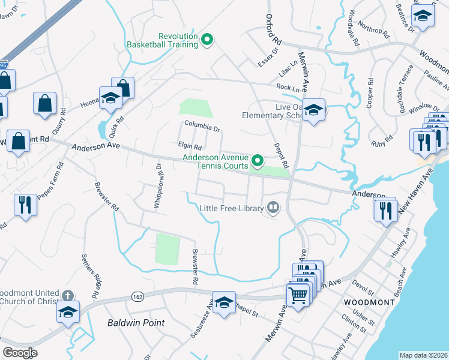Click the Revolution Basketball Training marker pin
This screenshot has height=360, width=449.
[208, 40]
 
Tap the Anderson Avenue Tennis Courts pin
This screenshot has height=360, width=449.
[258, 160]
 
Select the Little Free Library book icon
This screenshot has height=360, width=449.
[273, 208]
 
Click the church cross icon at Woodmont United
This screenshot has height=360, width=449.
[68, 296]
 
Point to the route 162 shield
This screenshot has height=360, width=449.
[137, 296]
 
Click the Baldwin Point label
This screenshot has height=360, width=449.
[136, 323]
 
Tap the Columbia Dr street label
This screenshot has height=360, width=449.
[202, 126]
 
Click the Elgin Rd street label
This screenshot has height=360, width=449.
[190, 146]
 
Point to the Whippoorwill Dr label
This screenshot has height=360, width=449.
[158, 186]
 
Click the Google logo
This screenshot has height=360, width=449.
[20, 352]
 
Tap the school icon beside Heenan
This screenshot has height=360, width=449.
[110, 98]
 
